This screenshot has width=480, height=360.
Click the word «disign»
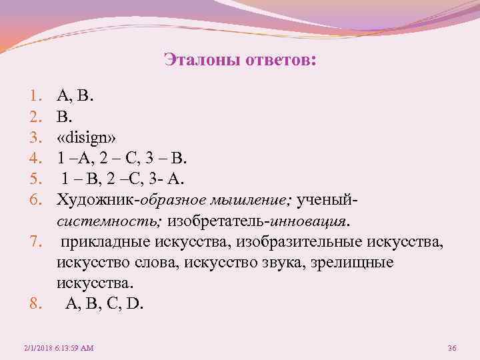click(87, 138)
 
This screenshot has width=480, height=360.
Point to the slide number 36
click(451, 348)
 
